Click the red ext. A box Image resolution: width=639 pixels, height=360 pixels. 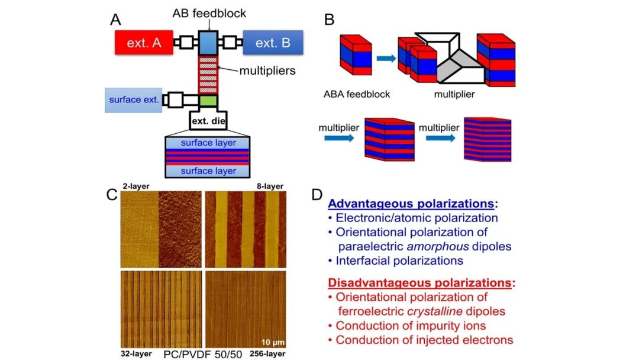point(144,43)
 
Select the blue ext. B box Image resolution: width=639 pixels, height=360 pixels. point(273,43)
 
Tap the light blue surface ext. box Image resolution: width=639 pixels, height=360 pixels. point(134,99)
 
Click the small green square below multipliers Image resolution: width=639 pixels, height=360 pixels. point(208,100)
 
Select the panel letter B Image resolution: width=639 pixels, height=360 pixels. point(330,20)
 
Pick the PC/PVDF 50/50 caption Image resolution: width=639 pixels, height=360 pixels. point(201,353)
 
